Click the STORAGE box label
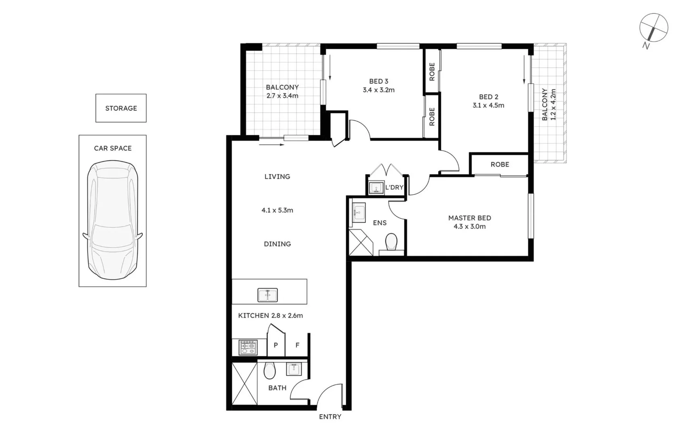tap(121, 108)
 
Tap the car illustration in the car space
tap(113, 220)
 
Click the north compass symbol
tap(653, 28)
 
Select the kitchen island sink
tap(267, 295)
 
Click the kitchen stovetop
tap(248, 347)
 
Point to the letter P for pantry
tap(276, 345)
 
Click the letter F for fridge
tap(297, 345)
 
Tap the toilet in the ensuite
tap(391, 242)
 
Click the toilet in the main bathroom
tap(269, 370)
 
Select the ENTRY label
tap(330, 417)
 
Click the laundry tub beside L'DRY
tap(376, 188)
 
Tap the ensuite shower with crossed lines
tap(361, 242)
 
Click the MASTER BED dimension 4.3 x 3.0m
tap(469, 226)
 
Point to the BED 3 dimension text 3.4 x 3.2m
tap(378, 90)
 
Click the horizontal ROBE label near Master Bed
tap(500, 164)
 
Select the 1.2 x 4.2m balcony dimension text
tap(553, 105)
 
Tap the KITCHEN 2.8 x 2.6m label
tap(270, 315)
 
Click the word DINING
tap(277, 244)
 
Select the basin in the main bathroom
tap(294, 369)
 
